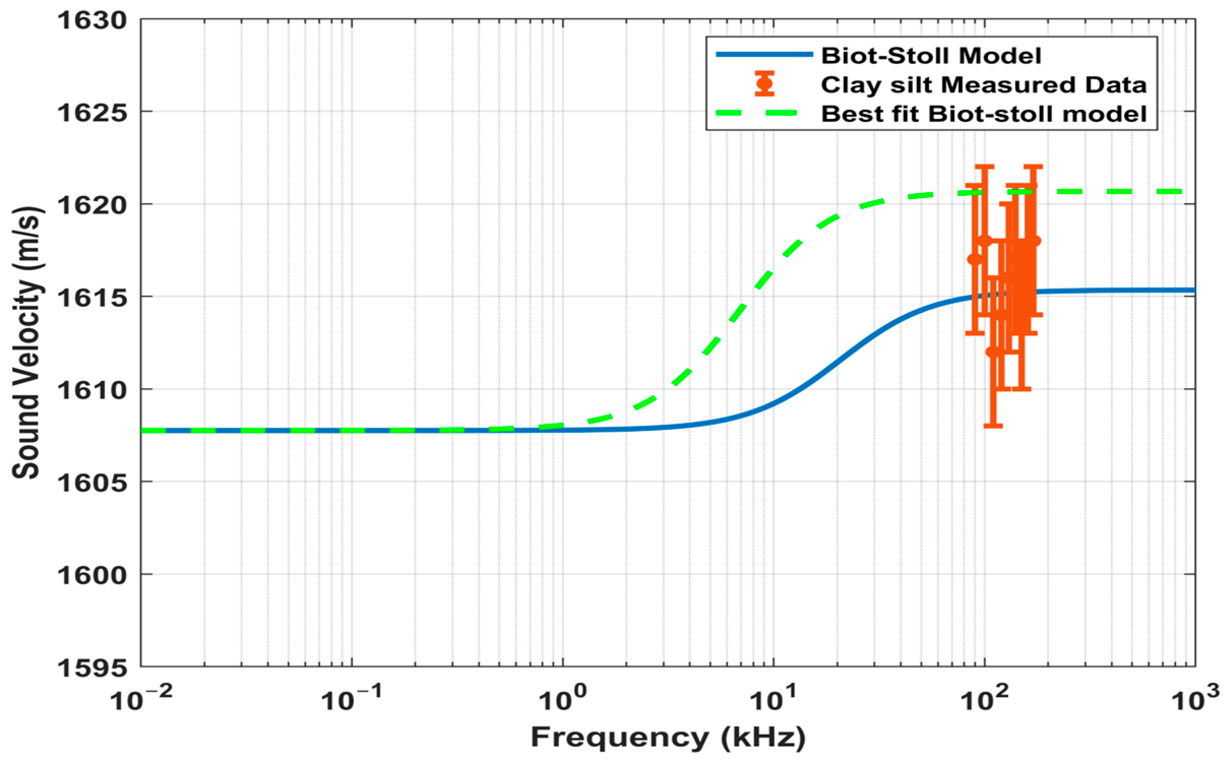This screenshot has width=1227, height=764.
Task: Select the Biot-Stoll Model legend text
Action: coord(931,55)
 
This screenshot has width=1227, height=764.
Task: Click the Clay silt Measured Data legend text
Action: coord(984,84)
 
